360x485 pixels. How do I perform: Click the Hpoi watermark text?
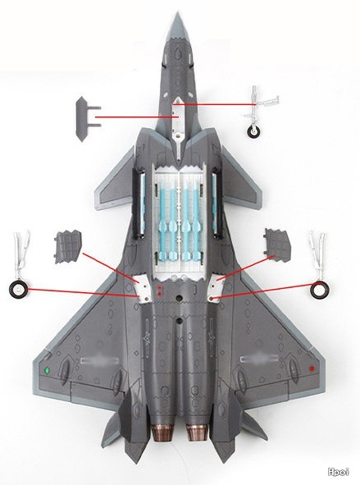(339, 472)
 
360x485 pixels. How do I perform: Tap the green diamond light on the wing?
(48, 370)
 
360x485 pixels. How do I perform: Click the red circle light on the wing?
(312, 368)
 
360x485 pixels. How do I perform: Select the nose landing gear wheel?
(253, 132)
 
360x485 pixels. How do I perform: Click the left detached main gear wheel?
(18, 291)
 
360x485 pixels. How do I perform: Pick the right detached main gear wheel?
(320, 291)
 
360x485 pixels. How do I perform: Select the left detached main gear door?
(68, 247)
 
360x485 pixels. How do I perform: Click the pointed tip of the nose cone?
(177, 12)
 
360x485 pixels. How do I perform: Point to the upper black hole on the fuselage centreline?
(179, 298)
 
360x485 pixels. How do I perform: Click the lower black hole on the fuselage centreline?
(179, 321)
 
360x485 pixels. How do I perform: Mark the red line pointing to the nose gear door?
(137, 117)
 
